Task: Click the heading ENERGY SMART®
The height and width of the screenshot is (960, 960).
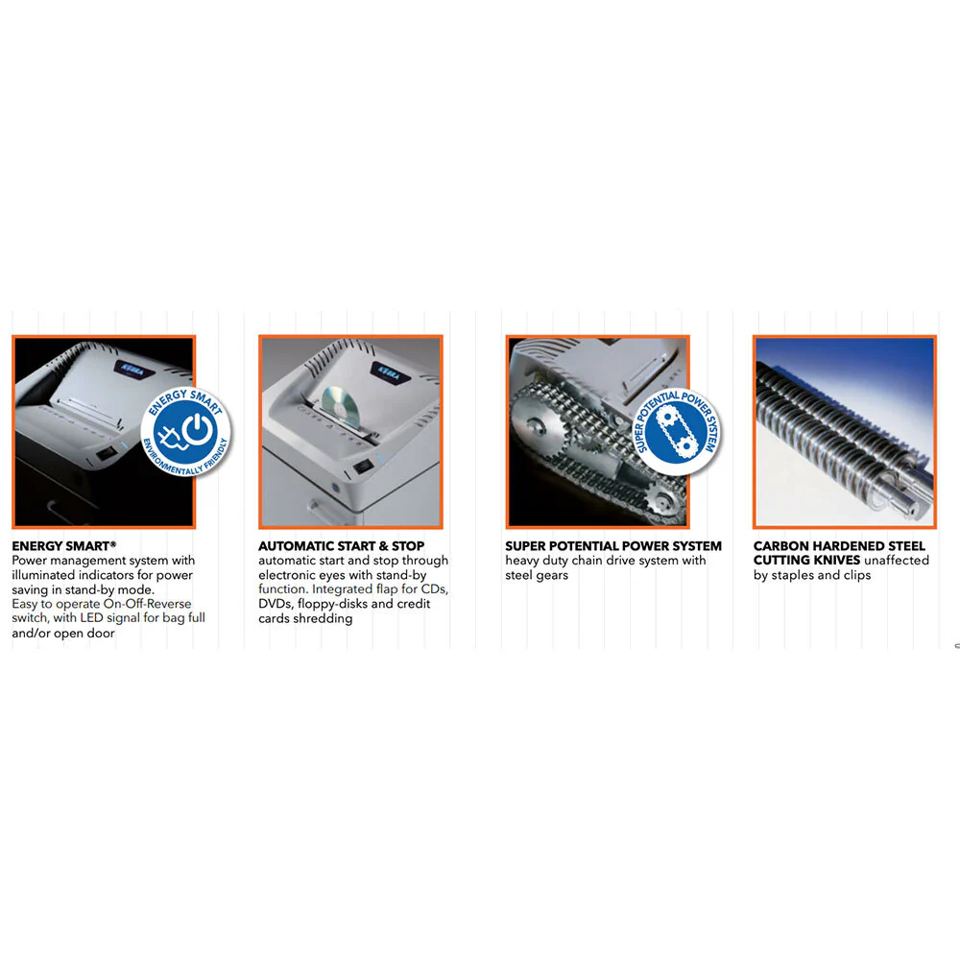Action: (x=63, y=545)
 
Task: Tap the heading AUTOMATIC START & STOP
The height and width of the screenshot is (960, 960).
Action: (x=341, y=545)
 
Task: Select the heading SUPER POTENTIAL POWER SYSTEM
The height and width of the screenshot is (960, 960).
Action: (x=612, y=545)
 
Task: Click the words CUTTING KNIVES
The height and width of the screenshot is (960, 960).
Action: (x=806, y=561)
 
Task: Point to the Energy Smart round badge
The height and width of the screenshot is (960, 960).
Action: (x=185, y=432)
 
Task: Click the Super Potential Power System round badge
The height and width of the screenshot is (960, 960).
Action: (x=677, y=431)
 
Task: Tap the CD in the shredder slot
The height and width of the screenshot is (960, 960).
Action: (x=341, y=409)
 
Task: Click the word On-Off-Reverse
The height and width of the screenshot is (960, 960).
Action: (x=147, y=604)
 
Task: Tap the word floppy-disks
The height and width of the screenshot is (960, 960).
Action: (x=332, y=604)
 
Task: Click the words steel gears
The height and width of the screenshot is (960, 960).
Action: (x=537, y=575)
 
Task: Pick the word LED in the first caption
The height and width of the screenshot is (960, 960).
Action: (x=91, y=618)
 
